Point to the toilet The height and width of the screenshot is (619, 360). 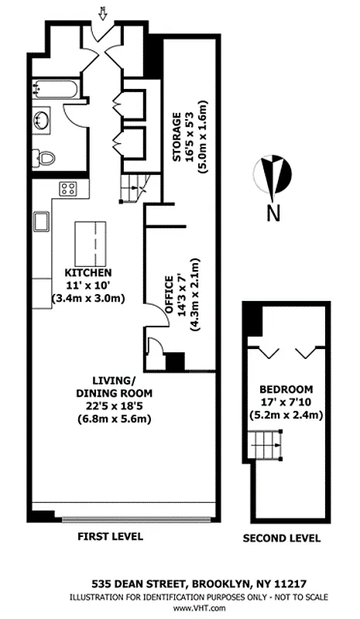coord(46,158)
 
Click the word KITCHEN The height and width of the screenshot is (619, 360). coord(89,273)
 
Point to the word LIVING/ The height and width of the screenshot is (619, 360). coord(113,381)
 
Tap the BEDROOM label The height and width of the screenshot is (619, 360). coord(286,388)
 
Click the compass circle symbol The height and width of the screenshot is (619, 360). coord(273,173)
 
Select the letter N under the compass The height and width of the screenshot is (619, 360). coord(273,214)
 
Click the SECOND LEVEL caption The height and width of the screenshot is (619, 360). coord(281,539)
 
